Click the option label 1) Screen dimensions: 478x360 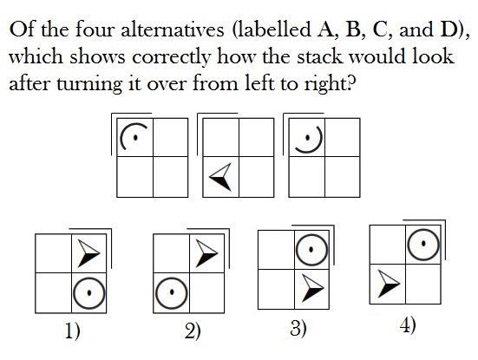coord(73,331)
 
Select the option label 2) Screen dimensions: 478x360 coord(193,331)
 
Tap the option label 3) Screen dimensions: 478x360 coord(298,329)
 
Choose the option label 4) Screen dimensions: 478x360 coord(408,325)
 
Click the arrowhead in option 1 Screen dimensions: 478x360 coord(88,253)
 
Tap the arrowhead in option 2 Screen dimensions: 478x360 coord(206,253)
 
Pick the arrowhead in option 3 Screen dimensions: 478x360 coord(311,288)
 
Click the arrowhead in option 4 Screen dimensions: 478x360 coord(388,284)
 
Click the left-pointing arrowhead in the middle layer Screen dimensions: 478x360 coord(220,177)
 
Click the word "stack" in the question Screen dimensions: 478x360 coord(320,56)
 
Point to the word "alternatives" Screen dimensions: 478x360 coord(173,29)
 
